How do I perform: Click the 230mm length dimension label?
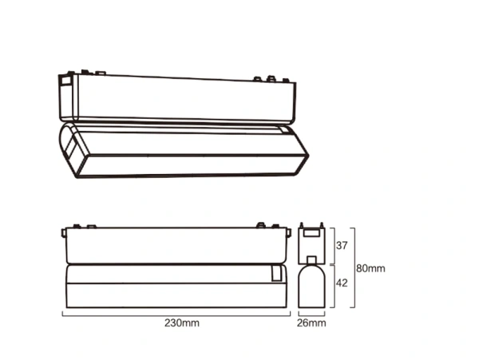click(181, 323)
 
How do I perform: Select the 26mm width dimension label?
click(311, 323)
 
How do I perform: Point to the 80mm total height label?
click(372, 268)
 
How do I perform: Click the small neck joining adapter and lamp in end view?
click(310, 259)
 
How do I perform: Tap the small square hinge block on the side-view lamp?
click(276, 274)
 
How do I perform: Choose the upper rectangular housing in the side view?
click(175, 244)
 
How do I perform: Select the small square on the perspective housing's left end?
click(65, 83)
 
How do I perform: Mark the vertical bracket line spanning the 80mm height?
click(354, 269)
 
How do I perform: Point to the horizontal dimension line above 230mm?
click(176, 314)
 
